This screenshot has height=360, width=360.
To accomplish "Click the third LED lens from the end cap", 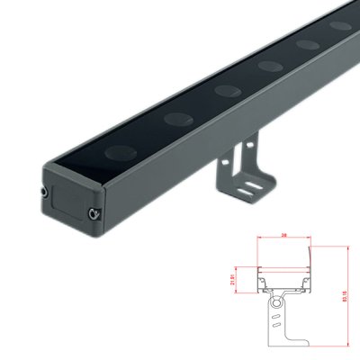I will [x=268, y=65].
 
